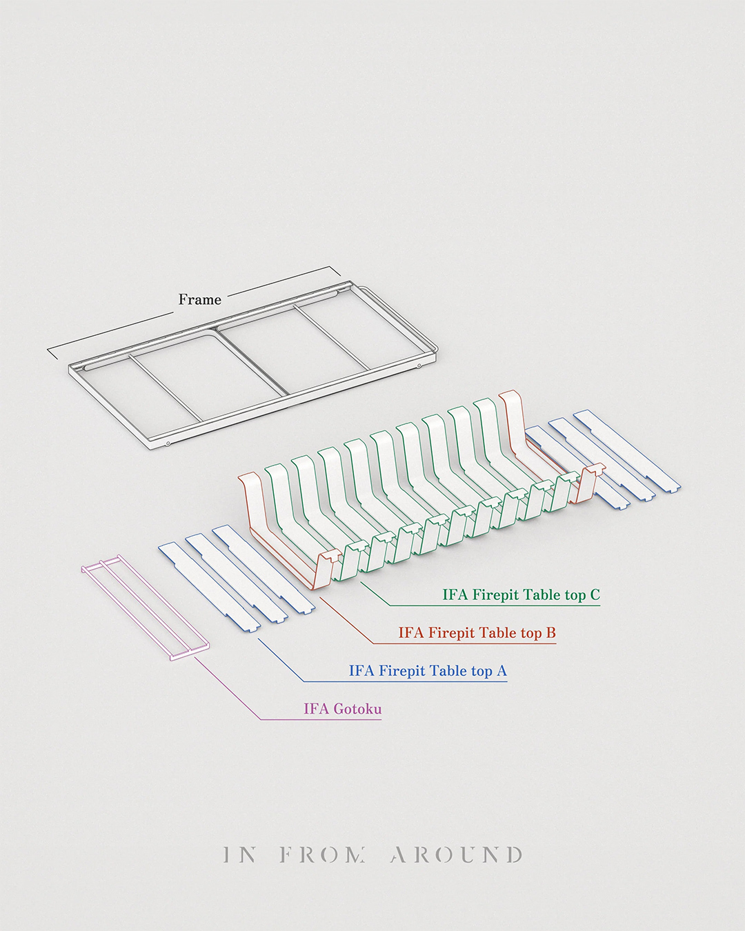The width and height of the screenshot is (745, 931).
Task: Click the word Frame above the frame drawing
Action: click(200, 299)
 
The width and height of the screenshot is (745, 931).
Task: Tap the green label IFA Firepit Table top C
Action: click(521, 594)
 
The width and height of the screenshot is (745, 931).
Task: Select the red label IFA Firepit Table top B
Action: click(477, 632)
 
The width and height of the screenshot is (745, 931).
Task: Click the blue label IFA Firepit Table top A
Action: click(428, 670)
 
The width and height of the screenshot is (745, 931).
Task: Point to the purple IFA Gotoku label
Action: click(342, 708)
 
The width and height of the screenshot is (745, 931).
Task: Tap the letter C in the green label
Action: click(595, 594)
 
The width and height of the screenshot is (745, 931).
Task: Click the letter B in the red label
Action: click(550, 632)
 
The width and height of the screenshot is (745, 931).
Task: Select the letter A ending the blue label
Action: click(501, 670)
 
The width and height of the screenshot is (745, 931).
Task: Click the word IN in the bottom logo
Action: click(240, 855)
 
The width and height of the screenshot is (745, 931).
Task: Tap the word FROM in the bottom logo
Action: click(323, 855)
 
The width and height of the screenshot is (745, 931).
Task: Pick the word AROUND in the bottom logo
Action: click(456, 855)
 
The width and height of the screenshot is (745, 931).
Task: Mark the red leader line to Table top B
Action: click(345, 621)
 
